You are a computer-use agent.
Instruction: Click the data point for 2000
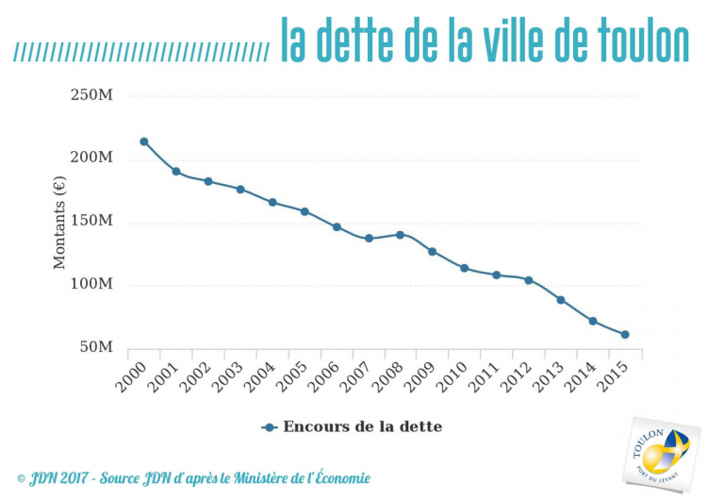(x=143, y=142)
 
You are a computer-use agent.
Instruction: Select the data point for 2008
(x=400, y=234)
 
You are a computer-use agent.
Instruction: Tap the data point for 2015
(x=625, y=334)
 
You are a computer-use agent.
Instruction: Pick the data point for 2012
(x=529, y=279)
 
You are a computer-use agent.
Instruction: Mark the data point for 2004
(x=272, y=202)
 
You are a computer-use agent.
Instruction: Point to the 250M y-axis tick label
(x=91, y=95)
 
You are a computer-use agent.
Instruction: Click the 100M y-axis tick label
(x=91, y=284)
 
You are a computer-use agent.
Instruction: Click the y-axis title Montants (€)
(x=59, y=223)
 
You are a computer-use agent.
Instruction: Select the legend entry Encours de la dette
(x=352, y=426)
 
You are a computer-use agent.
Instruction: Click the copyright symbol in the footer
(x=22, y=478)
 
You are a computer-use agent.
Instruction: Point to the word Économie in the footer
(x=337, y=478)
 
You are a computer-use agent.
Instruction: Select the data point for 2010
(x=464, y=268)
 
